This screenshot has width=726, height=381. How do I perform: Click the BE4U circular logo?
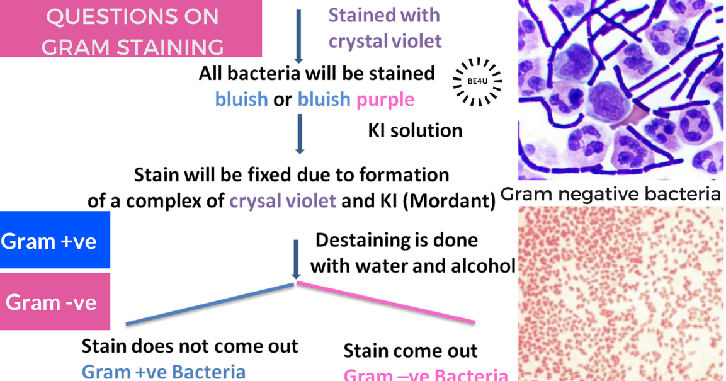(x=477, y=81)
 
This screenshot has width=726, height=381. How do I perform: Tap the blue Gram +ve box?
(x=55, y=241)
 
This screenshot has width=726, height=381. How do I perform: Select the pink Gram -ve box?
(x=55, y=302)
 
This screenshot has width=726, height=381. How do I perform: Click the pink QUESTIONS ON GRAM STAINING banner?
(x=131, y=28)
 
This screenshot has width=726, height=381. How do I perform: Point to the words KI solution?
(x=415, y=130)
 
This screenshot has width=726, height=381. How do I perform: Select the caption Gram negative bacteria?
(x=611, y=195)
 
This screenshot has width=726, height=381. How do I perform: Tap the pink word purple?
(x=385, y=100)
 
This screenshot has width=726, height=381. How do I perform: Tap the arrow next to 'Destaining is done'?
(x=295, y=258)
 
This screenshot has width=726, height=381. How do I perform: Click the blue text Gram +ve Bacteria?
(x=163, y=372)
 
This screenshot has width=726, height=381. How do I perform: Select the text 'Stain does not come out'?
(x=190, y=346)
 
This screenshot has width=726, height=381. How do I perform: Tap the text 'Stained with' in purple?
(x=384, y=14)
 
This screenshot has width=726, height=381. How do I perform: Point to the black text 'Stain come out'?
(x=411, y=350)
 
